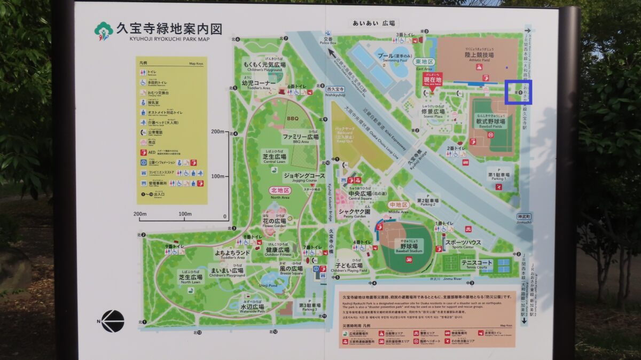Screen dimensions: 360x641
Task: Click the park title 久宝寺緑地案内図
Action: [169, 29]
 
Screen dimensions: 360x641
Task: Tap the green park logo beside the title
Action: [103, 30]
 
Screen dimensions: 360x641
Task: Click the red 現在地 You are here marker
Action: [432, 81]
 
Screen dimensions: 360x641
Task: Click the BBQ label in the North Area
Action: [293, 119]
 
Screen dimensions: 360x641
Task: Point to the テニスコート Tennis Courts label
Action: [476, 263]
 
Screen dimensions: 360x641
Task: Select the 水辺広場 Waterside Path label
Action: [252, 308]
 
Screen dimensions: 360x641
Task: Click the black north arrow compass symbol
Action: [112, 321]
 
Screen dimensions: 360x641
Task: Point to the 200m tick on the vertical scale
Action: [217, 131]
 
